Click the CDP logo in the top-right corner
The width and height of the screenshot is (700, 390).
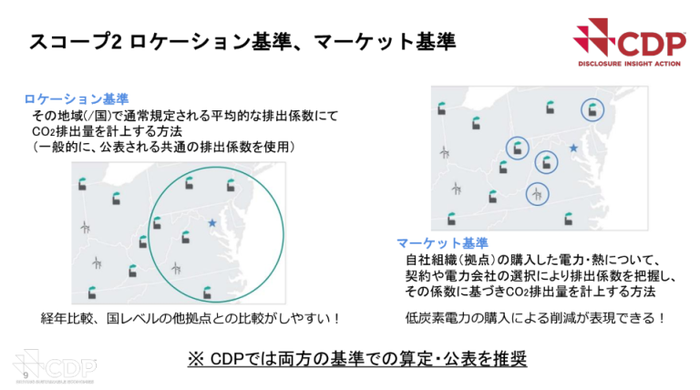pyautogui.click(x=623, y=40)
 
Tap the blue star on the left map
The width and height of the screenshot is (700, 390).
pyautogui.click(x=212, y=222)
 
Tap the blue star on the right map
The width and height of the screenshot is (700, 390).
pyautogui.click(x=573, y=148)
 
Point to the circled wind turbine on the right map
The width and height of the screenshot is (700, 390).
pyautogui.click(x=539, y=193)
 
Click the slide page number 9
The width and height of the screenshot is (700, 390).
pyautogui.click(x=24, y=375)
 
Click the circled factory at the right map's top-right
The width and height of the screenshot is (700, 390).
pyautogui.click(x=594, y=110)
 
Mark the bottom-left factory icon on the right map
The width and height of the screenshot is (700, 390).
pyautogui.click(x=450, y=217)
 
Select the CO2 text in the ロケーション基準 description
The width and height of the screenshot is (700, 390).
pyautogui.click(x=43, y=130)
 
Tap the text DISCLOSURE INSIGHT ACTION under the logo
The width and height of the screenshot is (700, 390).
pyautogui.click(x=630, y=65)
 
